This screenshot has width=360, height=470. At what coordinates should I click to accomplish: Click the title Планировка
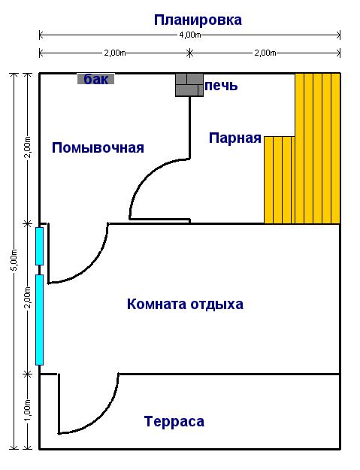click(x=198, y=20)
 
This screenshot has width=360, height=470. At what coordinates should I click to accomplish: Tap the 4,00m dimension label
click(x=190, y=35)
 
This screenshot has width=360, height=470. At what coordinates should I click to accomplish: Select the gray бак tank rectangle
click(x=96, y=79)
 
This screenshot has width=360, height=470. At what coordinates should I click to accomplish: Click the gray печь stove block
click(x=189, y=85)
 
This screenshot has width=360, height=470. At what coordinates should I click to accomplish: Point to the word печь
click(x=221, y=86)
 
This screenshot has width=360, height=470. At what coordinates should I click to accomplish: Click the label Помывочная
click(x=98, y=148)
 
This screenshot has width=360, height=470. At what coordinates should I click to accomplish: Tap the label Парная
click(x=235, y=138)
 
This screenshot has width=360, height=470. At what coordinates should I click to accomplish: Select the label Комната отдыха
click(x=185, y=305)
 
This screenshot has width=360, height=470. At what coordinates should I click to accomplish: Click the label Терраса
click(x=174, y=421)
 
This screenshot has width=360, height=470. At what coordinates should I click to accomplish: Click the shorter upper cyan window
click(x=40, y=247)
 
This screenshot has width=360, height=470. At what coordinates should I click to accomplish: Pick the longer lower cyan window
click(x=40, y=320)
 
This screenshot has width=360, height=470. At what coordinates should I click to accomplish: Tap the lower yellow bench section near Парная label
click(x=280, y=180)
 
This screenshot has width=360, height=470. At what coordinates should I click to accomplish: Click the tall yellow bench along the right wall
click(x=318, y=148)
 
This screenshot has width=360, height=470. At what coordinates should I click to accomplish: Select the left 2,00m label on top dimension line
click(x=115, y=53)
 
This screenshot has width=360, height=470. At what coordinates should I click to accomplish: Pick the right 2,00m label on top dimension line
click(x=265, y=53)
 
